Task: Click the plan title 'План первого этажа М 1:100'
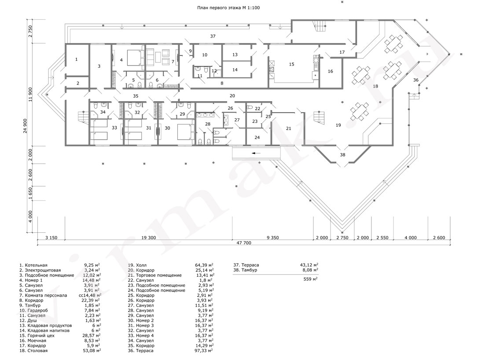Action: click(228, 7)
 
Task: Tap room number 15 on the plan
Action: click(291, 64)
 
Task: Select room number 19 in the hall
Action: click(338, 125)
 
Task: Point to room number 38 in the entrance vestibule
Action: click(342, 154)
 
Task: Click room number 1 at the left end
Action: click(76, 59)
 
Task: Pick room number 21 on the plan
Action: click(288, 129)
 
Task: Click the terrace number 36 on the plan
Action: click(416, 80)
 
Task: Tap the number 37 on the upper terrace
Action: click(213, 36)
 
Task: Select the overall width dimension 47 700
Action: click(243, 243)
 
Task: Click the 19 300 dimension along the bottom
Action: click(148, 238)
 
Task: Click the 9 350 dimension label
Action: click(272, 238)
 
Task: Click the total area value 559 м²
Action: click(310, 279)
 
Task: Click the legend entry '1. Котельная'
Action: click(33, 265)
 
